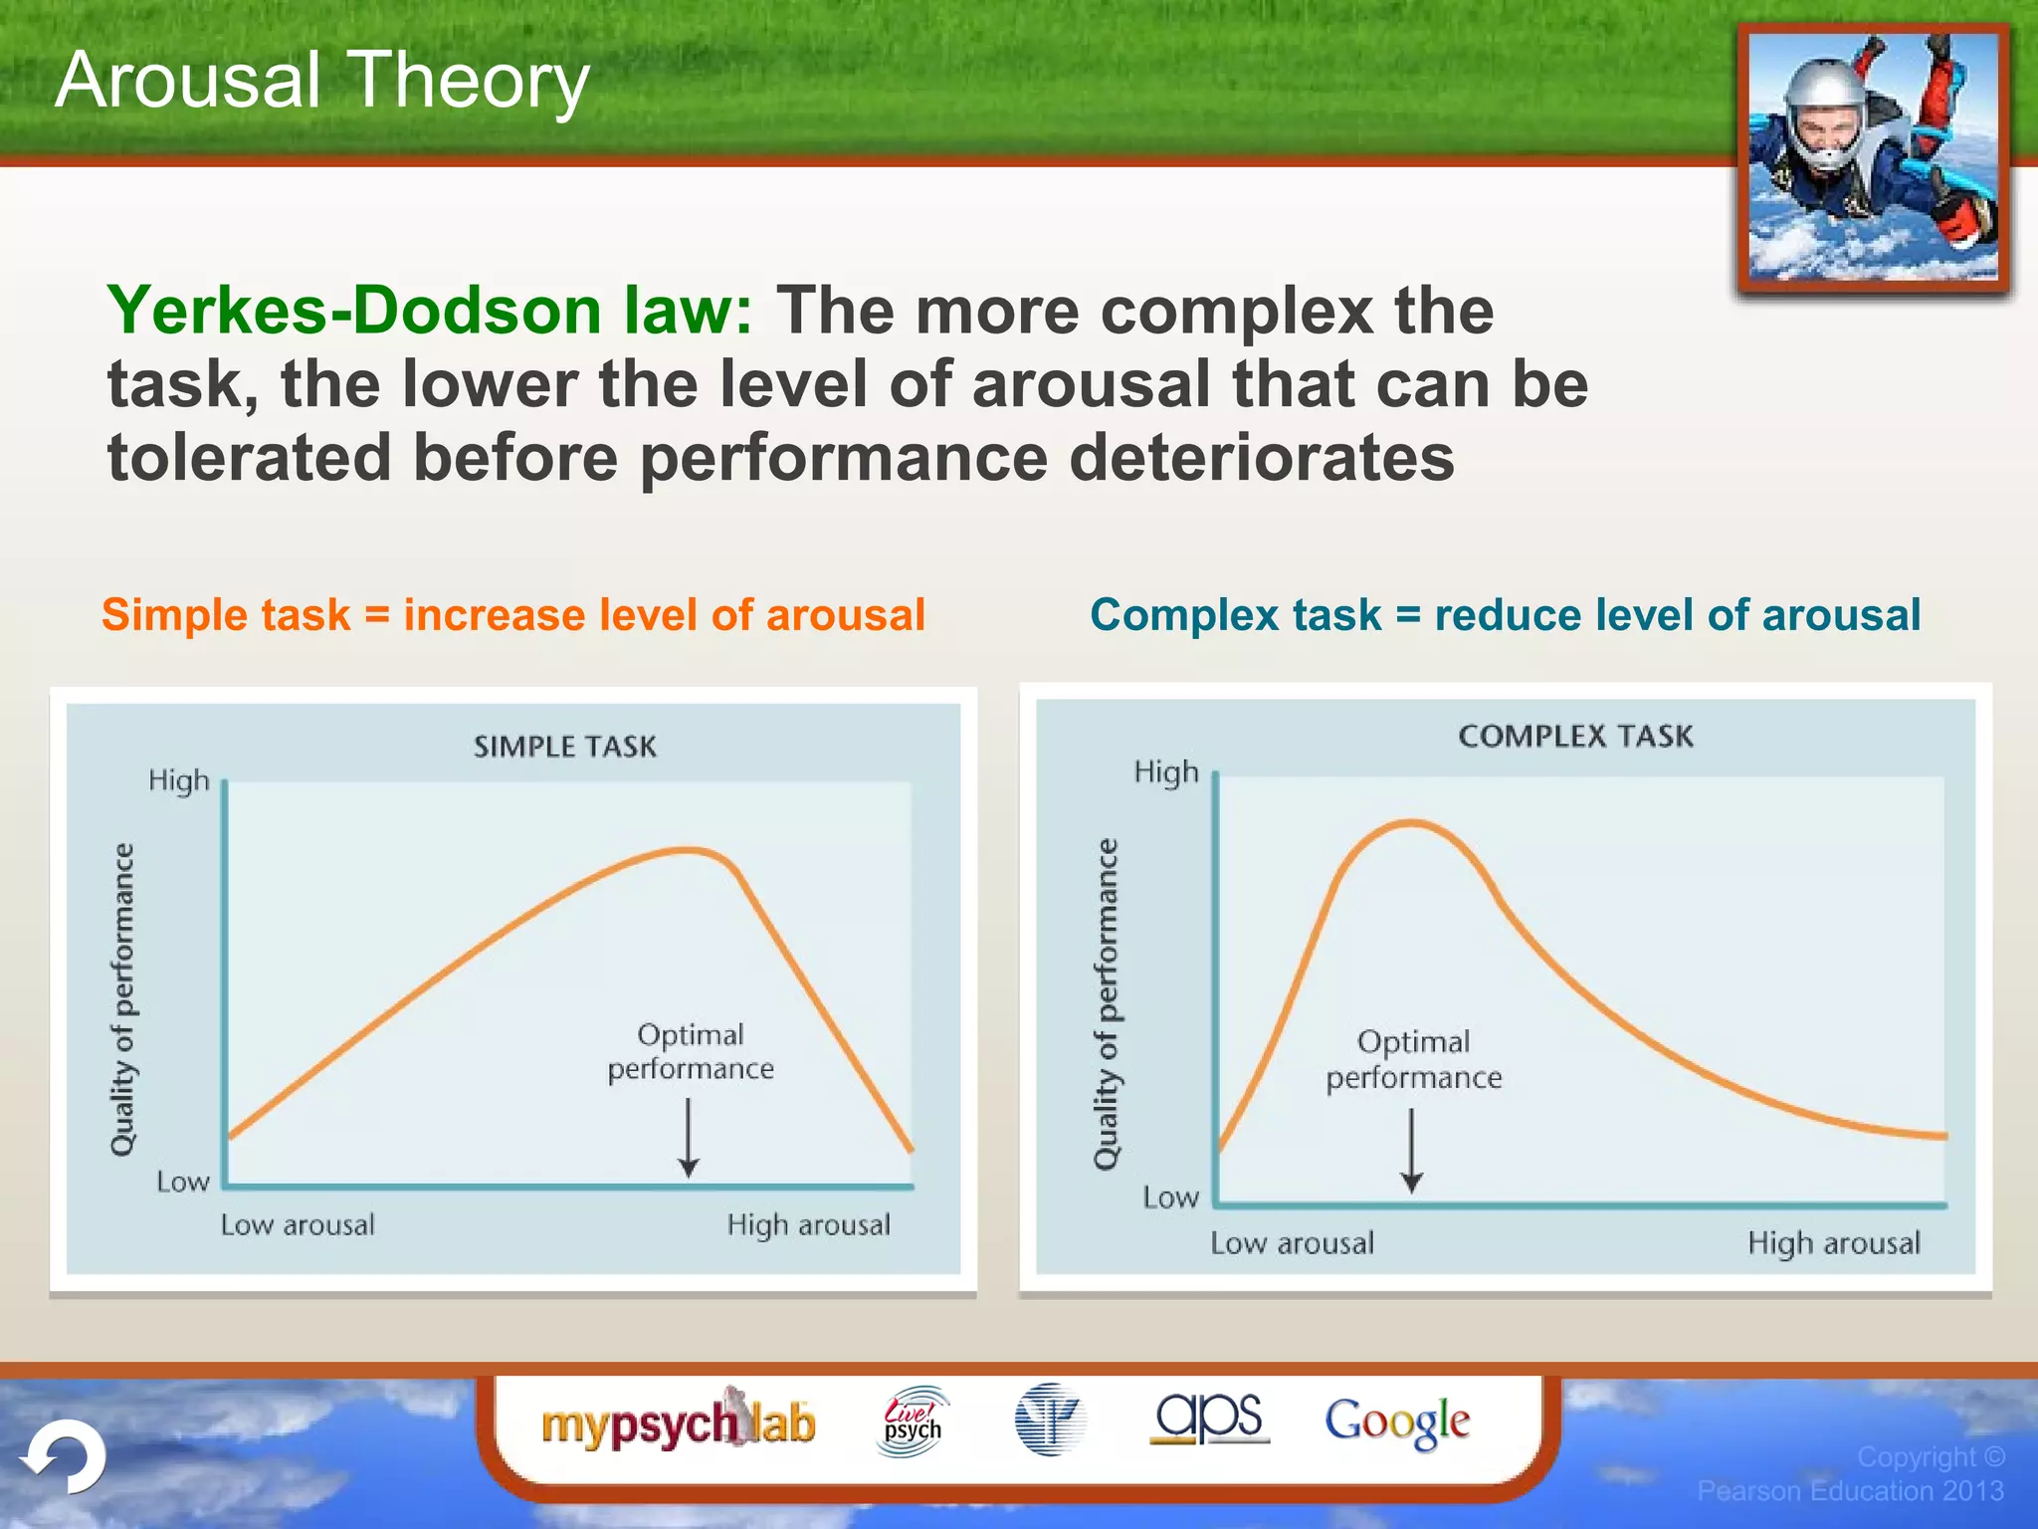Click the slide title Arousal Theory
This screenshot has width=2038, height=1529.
[x=322, y=80]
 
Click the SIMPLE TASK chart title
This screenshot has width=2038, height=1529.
[x=565, y=747]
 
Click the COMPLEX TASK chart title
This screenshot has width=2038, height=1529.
[x=1575, y=736]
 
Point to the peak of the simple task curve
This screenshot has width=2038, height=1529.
[x=687, y=850]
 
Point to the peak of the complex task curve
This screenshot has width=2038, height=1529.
[x=1411, y=823]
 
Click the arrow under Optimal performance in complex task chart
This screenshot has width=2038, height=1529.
[x=1411, y=1151]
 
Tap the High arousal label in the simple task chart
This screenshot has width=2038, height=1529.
[x=808, y=1224]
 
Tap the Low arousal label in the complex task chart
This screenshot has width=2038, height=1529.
[x=1292, y=1242]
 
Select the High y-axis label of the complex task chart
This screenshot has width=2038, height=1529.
[x=1166, y=772]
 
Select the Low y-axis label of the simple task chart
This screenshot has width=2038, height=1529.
[x=183, y=1182]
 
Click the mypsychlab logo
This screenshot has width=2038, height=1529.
[x=679, y=1422]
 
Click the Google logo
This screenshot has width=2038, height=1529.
[x=1396, y=1421]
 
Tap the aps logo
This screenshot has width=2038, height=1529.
[x=1209, y=1418]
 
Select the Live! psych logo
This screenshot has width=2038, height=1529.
[x=913, y=1421]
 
